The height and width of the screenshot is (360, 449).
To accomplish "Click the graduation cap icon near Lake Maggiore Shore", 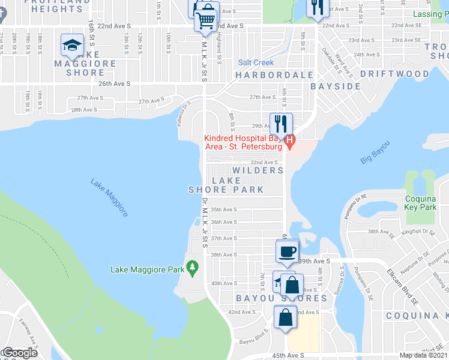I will tap(72, 46).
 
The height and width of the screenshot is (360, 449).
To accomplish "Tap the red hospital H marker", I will tap(291, 142).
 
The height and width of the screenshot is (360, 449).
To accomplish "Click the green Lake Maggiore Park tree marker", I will tap(192, 267).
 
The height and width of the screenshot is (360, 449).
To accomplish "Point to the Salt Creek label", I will tap(256, 62).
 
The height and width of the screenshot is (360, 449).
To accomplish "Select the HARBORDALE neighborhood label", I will tap(274, 75).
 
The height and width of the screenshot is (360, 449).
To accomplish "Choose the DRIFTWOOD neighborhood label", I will tap(394, 74).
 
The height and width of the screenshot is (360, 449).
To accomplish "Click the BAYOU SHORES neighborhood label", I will tap(281, 298).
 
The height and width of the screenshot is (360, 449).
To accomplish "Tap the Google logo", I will tap(19, 353).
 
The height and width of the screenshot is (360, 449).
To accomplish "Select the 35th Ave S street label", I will tap(224, 209).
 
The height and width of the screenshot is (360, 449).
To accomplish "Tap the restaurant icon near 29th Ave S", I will tap(281, 124).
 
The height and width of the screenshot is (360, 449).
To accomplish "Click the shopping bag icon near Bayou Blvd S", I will tap(285, 317).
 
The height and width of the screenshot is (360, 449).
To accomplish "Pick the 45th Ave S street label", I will tap(289, 355).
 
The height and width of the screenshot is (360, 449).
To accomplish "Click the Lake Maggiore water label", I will tap(109, 197).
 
